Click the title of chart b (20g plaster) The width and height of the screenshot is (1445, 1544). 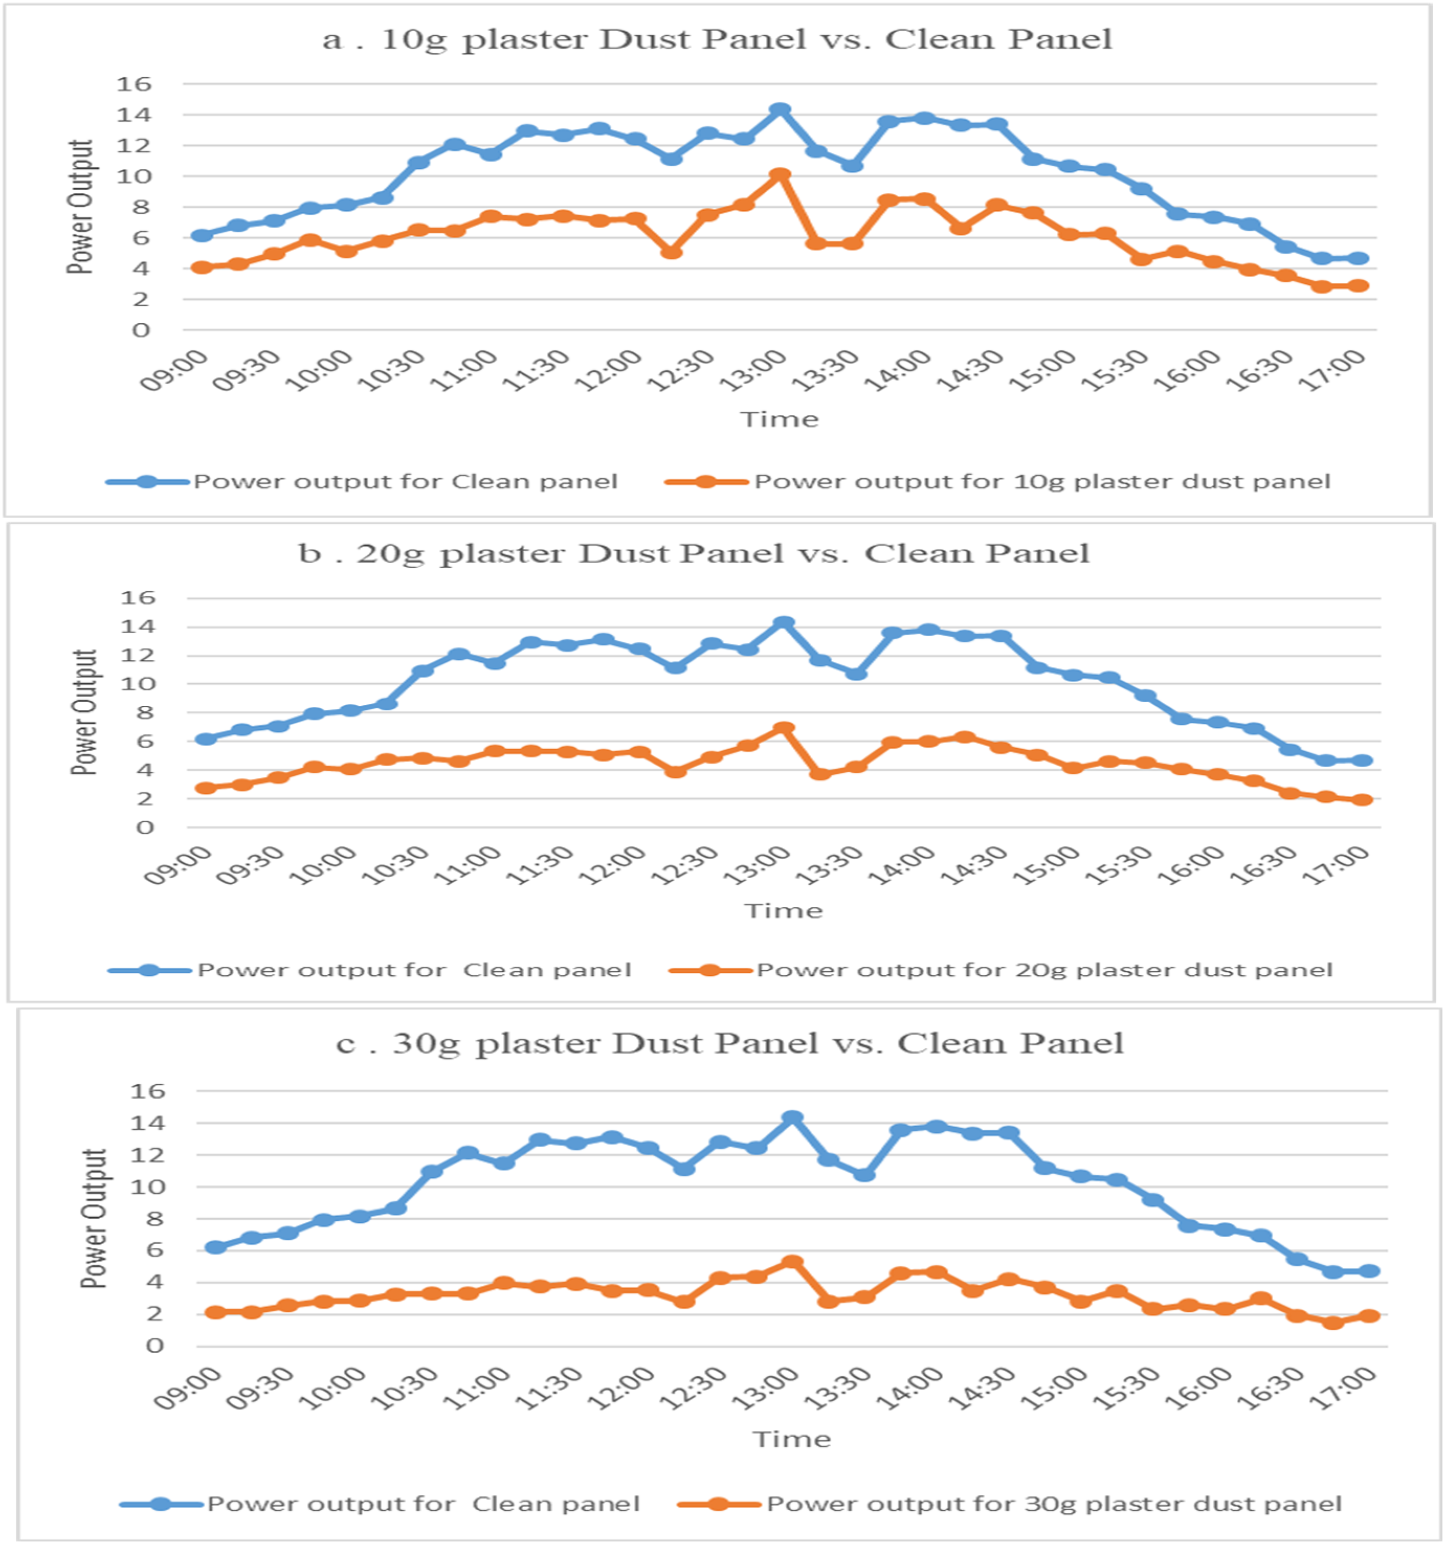pos(694,554)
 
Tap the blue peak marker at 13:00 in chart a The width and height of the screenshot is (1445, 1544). pos(780,110)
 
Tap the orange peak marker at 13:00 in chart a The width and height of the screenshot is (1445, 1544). pos(780,175)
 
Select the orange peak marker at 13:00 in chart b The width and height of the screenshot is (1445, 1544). pos(784,729)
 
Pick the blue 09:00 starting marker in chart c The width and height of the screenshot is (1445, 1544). pos(215,1247)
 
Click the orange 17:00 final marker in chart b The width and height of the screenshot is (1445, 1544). pos(1362,800)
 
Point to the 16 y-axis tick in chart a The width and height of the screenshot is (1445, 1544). pos(134,84)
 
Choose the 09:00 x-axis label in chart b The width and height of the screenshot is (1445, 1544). pos(178,866)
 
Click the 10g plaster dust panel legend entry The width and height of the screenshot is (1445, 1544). pos(998,482)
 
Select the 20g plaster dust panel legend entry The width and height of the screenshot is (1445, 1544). pos(1001,970)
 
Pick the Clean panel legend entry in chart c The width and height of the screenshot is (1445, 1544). pos(380,1504)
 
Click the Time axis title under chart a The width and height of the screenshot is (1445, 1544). pos(779,419)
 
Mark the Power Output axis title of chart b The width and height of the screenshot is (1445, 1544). pos(83,712)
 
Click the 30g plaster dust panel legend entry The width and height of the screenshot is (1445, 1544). pos(1010,1504)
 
